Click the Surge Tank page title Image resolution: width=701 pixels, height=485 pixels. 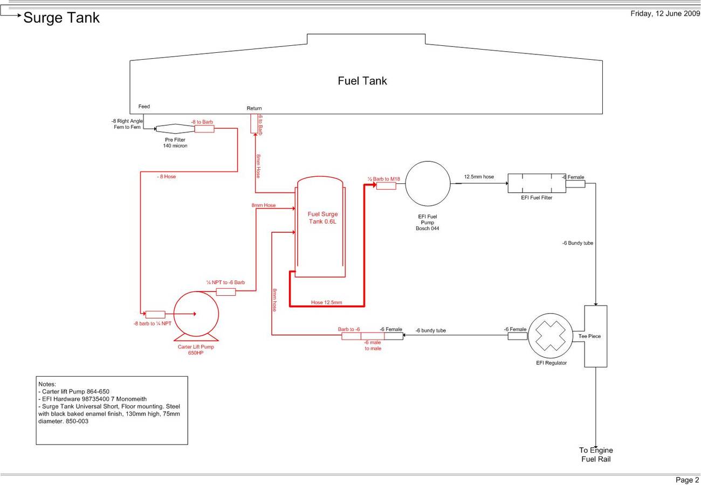[x=61, y=18]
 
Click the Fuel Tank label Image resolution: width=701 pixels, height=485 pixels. [x=362, y=81]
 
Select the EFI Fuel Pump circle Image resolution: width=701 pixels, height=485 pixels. [x=428, y=184]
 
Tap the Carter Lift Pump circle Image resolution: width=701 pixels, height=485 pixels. [x=196, y=314]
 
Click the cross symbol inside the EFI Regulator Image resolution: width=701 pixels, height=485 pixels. [x=551, y=336]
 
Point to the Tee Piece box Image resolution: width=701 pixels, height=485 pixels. [x=596, y=336]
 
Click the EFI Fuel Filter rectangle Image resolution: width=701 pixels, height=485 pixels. [x=537, y=183]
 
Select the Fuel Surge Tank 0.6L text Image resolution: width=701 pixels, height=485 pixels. [x=322, y=218]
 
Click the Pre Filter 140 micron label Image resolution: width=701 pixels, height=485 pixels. [x=175, y=143]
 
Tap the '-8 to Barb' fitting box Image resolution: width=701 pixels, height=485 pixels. [x=204, y=129]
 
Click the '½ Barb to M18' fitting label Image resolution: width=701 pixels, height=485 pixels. [x=384, y=179]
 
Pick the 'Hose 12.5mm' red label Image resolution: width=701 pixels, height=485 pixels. [x=326, y=302]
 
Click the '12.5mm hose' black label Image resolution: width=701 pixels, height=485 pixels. [x=479, y=177]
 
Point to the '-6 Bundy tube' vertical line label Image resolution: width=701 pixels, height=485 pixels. [x=578, y=243]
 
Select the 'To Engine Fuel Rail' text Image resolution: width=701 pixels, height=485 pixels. [x=596, y=454]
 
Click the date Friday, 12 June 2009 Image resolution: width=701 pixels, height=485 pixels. [x=665, y=14]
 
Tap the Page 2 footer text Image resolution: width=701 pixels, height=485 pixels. [x=687, y=480]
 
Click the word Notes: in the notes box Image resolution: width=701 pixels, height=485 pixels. [x=47, y=384]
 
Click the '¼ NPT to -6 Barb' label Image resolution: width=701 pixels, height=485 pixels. [x=225, y=282]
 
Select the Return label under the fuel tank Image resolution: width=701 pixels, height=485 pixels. [x=254, y=108]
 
